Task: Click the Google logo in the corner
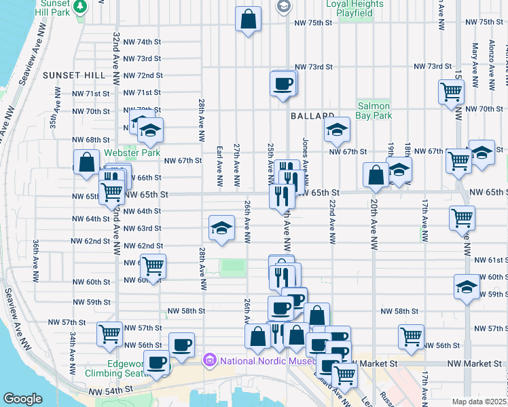pos(22,398)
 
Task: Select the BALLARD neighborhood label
pos(313,117)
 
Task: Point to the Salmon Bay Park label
pos(374,111)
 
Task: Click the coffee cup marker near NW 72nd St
pos(283,84)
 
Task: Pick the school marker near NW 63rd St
pos(221,229)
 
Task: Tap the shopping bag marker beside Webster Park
pos(86,163)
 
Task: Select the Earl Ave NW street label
pos(219,164)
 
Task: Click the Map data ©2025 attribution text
pos(479,402)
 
